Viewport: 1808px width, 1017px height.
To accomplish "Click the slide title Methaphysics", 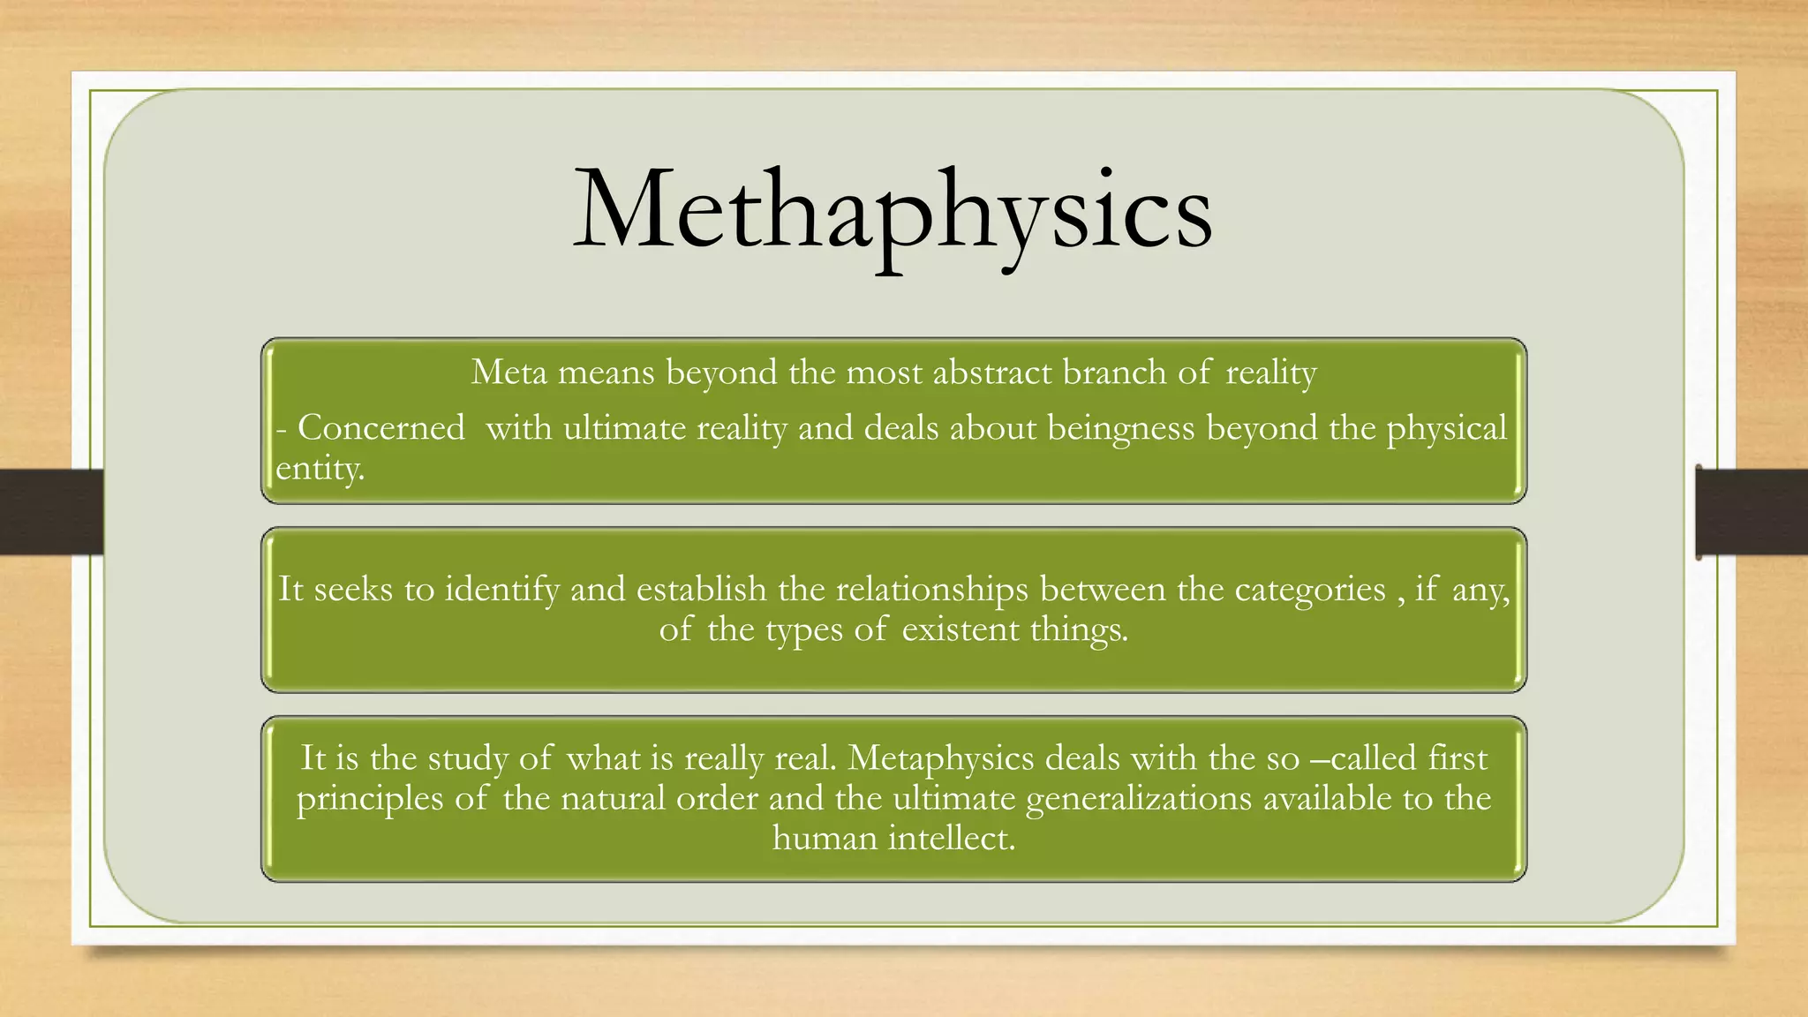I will pos(893,212).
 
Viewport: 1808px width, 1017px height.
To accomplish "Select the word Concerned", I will pos(380,428).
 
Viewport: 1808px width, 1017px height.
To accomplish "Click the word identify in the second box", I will pos(501,589).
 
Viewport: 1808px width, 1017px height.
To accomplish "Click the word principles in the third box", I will pos(369,798).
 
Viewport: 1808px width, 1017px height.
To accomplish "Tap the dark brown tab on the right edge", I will pos(1751,512).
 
